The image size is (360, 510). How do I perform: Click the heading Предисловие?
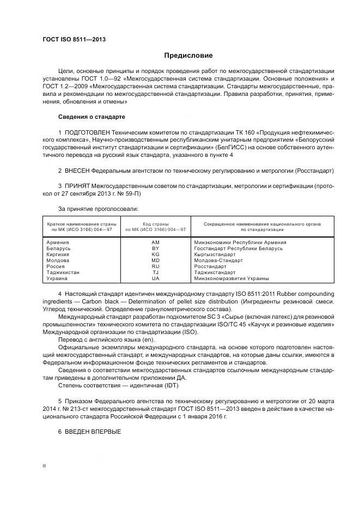188,56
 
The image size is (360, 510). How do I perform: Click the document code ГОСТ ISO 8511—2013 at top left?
74,39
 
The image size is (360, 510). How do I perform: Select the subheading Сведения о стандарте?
91,117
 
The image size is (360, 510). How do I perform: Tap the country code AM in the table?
155,242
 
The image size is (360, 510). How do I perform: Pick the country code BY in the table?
155,248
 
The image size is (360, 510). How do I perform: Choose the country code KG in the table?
155,254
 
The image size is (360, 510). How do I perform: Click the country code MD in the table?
155,260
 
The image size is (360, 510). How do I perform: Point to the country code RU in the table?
155,266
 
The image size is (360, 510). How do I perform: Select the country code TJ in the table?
155,272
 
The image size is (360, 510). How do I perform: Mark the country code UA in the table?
155,278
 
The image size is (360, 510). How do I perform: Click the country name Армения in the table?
58,242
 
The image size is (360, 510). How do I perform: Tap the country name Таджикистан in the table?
63,272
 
